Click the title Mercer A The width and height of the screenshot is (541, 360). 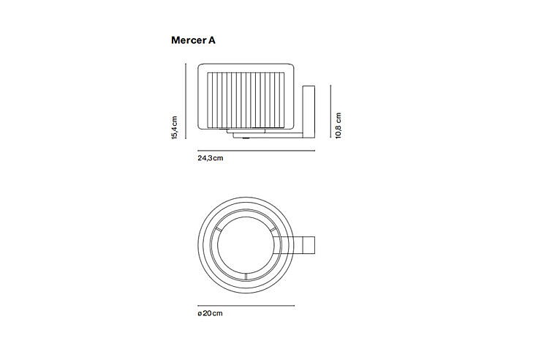pos(193,40)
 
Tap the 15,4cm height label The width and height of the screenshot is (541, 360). pos(174,127)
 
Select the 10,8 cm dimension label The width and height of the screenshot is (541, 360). pos(338,125)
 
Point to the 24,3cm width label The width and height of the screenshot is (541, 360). pos(211,158)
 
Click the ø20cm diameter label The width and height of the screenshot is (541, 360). pos(210,313)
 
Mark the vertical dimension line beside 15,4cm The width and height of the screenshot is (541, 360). pos(186,101)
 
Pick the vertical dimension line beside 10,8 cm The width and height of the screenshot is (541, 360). pos(330,111)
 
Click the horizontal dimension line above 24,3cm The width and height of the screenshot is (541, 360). pos(257,151)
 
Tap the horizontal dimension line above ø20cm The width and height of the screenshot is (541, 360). pos(246,305)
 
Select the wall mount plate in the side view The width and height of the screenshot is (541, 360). pos(309,112)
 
